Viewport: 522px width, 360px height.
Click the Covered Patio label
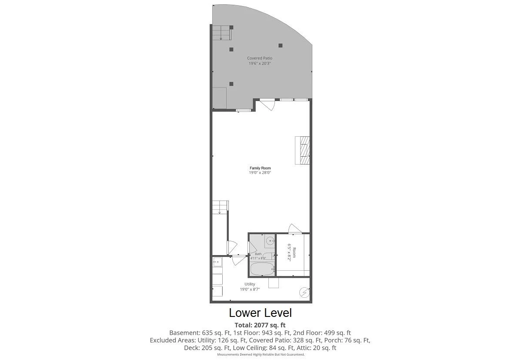260,58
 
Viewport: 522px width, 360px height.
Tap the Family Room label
260,168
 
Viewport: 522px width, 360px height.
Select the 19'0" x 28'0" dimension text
260,172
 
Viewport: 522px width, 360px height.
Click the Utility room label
250,284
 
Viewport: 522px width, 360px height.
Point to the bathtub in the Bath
262,269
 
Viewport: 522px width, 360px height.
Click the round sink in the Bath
270,240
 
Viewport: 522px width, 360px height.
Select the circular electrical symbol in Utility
304,293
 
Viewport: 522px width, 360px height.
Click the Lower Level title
260,313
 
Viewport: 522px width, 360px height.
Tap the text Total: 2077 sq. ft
260,325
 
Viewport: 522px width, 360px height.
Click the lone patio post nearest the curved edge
281,45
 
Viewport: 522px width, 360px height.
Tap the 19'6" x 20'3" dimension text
260,63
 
